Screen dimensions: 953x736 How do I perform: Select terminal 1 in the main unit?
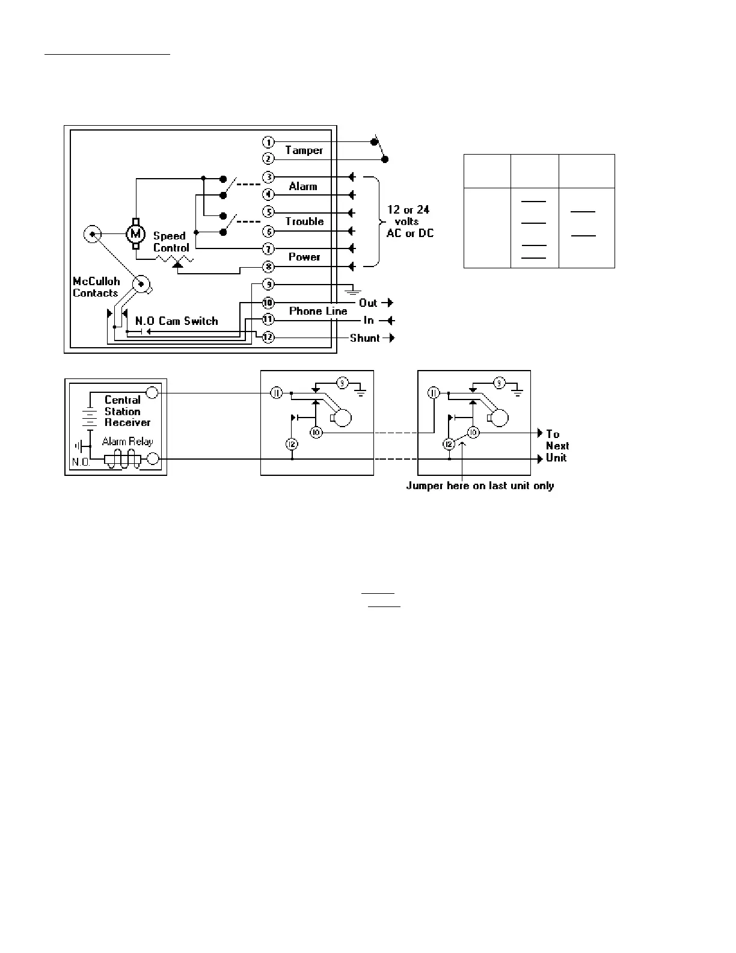coord(268,142)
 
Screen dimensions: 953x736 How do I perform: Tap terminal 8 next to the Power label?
coord(268,266)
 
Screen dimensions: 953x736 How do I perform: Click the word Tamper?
coord(304,150)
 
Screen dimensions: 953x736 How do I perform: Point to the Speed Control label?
coord(171,242)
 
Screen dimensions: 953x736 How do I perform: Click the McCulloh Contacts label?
coord(96,287)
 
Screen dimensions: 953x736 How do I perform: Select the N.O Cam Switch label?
coord(176,321)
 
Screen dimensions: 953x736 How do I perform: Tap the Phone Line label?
coord(318,311)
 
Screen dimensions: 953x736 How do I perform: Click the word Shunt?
coord(365,338)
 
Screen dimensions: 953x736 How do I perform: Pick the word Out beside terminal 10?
coord(368,303)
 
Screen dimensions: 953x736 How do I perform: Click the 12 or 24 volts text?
coord(409,221)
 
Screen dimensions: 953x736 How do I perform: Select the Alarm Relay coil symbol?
coord(123,459)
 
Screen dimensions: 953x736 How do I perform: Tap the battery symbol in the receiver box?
coord(90,415)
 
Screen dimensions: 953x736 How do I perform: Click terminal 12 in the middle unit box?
coord(292,444)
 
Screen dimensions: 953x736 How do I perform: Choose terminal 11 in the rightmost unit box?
coord(434,393)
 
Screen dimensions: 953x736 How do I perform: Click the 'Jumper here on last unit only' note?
coord(480,486)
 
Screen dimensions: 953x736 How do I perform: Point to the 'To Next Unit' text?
coord(556,446)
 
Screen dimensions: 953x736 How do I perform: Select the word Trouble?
coord(304,221)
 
